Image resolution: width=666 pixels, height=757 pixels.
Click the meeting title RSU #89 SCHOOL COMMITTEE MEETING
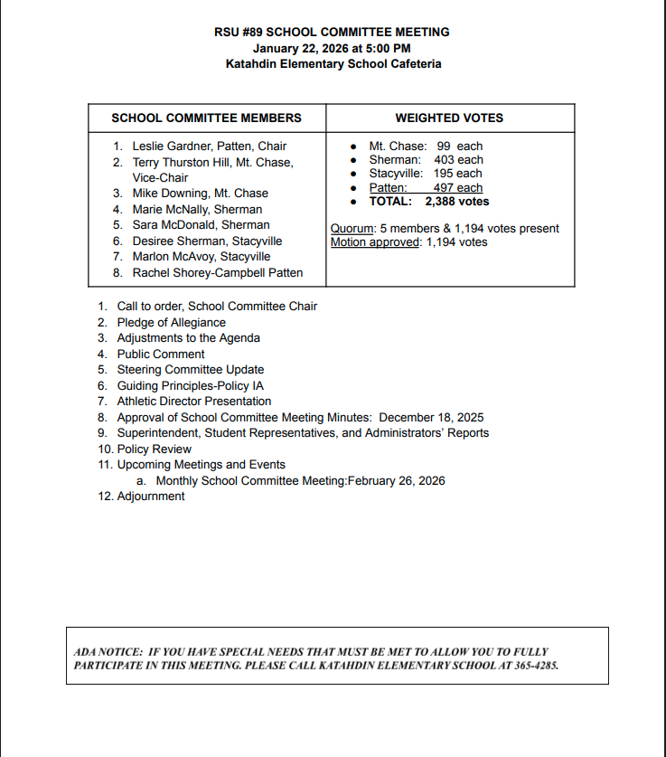pyautogui.click(x=332, y=32)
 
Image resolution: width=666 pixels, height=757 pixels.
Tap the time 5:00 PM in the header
pyautogui.click(x=389, y=48)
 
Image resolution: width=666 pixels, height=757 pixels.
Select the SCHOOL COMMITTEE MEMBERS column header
pyautogui.click(x=206, y=118)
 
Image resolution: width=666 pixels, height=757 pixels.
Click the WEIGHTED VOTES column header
pyautogui.click(x=449, y=118)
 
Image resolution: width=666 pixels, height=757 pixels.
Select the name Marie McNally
pyautogui.click(x=169, y=209)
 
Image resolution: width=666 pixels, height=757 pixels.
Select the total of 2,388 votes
pyautogui.click(x=457, y=202)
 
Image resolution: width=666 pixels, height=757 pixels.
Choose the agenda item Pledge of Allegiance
pyautogui.click(x=172, y=323)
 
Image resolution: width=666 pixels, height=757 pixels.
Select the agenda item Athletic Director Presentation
pyautogui.click(x=193, y=402)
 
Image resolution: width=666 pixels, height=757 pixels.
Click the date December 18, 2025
pyautogui.click(x=431, y=418)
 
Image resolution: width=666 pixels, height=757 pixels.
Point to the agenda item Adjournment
pyautogui.click(x=151, y=497)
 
